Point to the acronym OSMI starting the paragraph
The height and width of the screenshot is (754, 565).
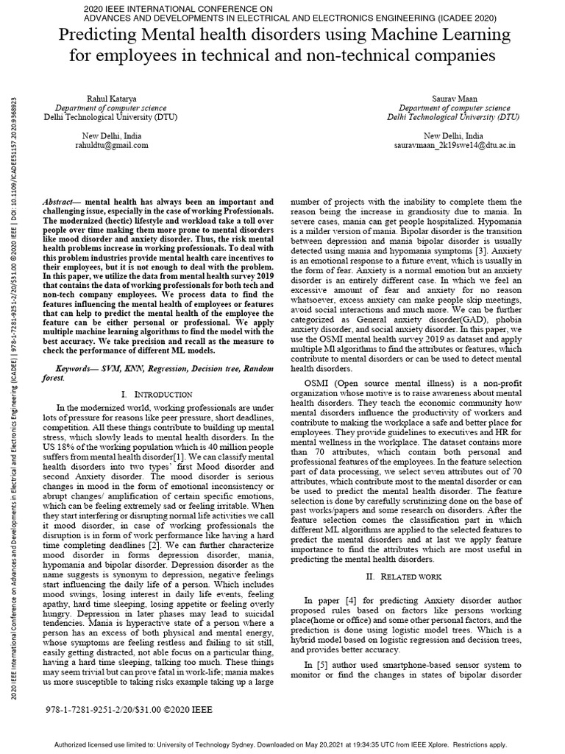318,383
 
